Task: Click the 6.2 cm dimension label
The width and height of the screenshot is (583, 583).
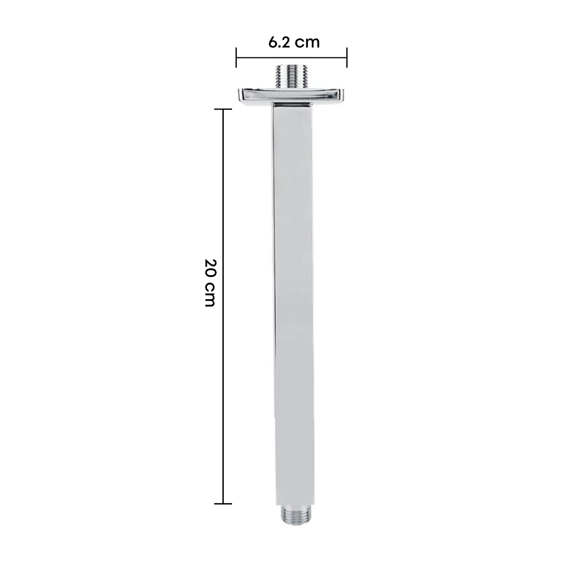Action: (294, 42)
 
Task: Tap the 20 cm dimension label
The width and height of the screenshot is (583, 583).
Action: (209, 282)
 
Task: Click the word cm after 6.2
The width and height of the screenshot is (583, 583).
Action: (307, 43)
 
